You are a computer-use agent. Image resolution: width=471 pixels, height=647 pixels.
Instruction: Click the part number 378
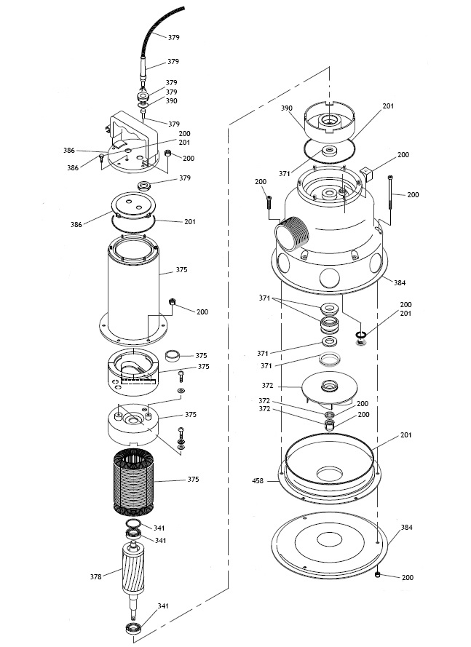[x=96, y=576]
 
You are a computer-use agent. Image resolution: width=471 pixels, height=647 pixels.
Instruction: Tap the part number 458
[x=257, y=480]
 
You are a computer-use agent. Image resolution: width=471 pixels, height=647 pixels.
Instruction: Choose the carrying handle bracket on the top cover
[x=138, y=135]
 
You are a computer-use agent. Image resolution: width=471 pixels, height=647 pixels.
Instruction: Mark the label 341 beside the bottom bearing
[x=163, y=606]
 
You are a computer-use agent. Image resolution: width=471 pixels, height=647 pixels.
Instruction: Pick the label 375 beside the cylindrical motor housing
[x=182, y=270]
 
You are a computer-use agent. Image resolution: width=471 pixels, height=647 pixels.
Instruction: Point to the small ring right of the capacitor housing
[x=173, y=357]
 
